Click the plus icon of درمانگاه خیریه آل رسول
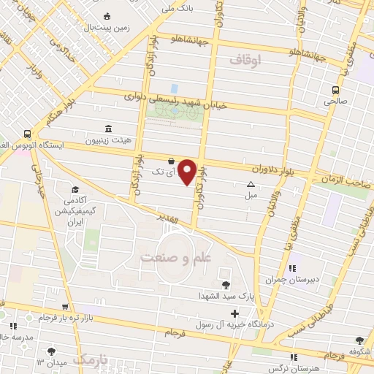tap(224, 313)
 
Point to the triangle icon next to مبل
tap(251, 186)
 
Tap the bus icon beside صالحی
tap(335, 91)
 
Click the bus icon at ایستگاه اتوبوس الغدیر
tap(27, 134)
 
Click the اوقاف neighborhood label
tap(245, 61)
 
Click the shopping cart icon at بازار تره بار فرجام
tap(66, 308)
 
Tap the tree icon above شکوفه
tap(359, 340)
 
